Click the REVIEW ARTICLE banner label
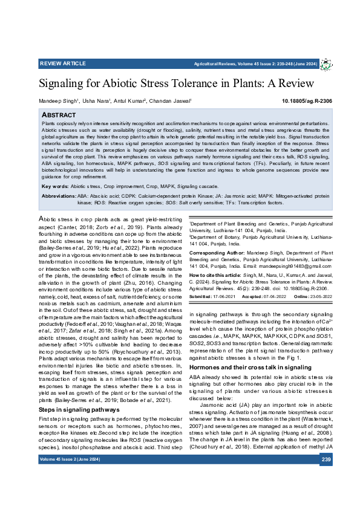pyautogui.click(x=62, y=63)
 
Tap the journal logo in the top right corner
pyautogui.click(x=327, y=63)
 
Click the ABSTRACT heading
pyautogui.click(x=59, y=114)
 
